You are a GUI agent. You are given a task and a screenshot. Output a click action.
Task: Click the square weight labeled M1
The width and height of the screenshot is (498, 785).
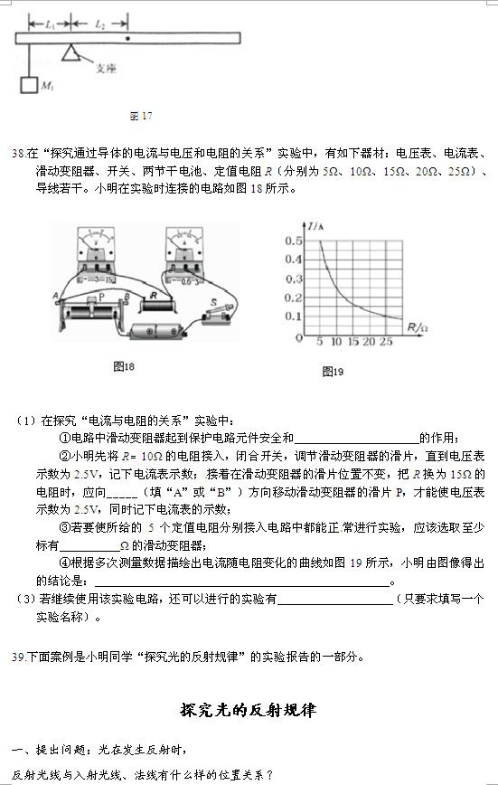point(30,87)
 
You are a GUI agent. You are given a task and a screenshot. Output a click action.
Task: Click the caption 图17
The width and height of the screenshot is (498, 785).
point(140,117)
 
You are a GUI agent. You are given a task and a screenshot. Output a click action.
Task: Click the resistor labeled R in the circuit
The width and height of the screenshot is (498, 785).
point(158,295)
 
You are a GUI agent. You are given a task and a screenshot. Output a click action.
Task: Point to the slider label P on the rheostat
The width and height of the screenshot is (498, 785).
point(101,297)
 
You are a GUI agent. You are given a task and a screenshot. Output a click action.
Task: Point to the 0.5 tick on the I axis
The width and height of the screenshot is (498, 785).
point(293,241)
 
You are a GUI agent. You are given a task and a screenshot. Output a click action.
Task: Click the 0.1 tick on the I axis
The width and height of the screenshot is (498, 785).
point(293,317)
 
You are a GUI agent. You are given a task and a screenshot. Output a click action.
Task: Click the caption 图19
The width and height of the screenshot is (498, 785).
point(333,372)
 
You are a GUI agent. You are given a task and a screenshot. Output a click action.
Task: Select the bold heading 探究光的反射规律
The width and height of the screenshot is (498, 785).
point(249,710)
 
